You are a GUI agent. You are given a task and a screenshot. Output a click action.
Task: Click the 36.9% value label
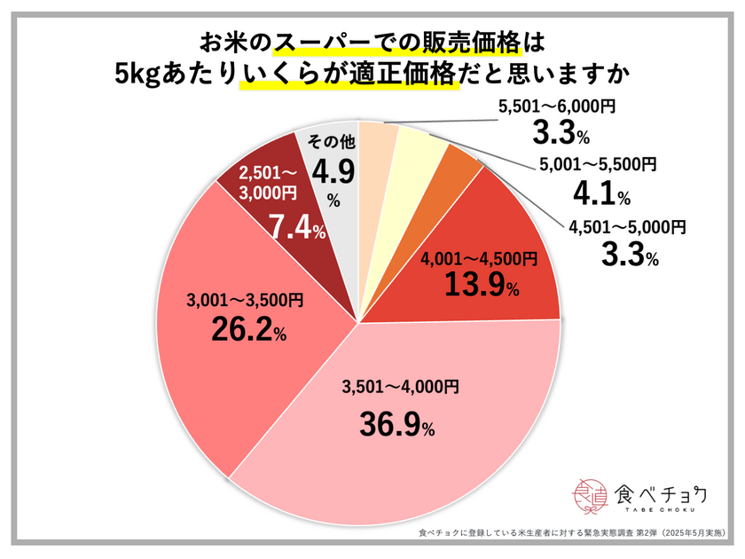pyautogui.click(x=396, y=427)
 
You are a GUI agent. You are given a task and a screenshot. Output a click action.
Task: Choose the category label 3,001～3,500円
pyautogui.click(x=246, y=301)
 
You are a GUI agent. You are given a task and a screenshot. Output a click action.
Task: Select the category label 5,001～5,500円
pyautogui.click(x=608, y=164)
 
